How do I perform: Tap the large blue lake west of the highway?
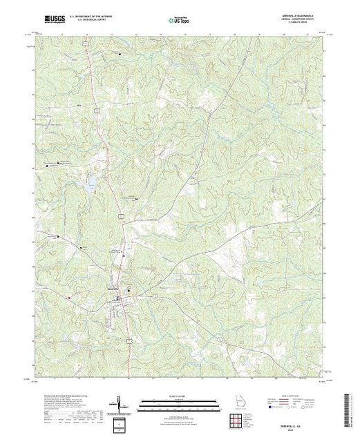pyautogui.click(x=90, y=184)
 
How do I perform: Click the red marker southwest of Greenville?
pyautogui.click(x=69, y=297)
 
